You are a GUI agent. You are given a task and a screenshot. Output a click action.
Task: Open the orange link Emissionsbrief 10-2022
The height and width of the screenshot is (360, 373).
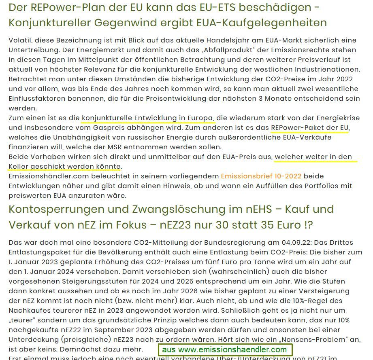pos(261,176)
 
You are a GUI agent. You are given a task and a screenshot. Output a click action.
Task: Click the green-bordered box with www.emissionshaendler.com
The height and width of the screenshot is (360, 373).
pos(224,349)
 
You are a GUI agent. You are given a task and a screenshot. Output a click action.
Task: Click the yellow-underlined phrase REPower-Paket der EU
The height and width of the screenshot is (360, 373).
pos(310,128)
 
